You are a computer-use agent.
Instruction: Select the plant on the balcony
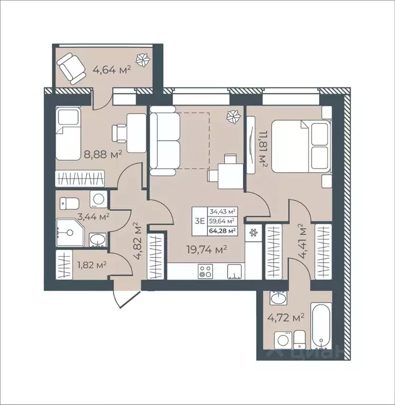pos(142,60)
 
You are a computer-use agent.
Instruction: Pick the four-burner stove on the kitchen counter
pos(205,272)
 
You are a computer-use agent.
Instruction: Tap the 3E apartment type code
pos(200,221)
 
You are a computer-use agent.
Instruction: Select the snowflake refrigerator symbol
pos(253,232)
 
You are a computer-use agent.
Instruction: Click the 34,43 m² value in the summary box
pos(222,212)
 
